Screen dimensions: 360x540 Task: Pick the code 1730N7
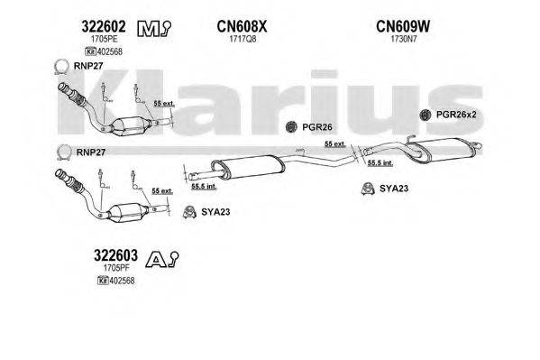coord(401,40)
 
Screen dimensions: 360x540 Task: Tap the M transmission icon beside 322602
coord(148,30)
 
